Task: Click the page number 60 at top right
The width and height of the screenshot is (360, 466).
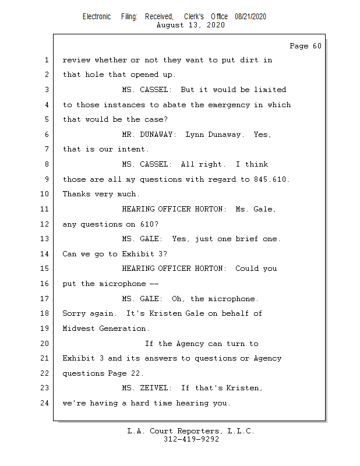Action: click(317, 46)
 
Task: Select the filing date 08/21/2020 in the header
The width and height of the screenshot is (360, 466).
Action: click(250, 17)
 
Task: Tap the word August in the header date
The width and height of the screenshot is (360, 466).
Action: click(170, 25)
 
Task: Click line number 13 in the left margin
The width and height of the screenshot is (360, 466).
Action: click(44, 239)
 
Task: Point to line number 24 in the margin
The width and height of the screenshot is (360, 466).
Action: click(44, 403)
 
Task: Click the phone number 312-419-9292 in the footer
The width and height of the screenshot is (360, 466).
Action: click(192, 439)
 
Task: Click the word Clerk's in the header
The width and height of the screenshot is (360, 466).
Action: click(194, 17)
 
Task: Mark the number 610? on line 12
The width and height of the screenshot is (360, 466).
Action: click(149, 224)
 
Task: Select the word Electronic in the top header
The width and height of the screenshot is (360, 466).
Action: click(97, 17)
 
